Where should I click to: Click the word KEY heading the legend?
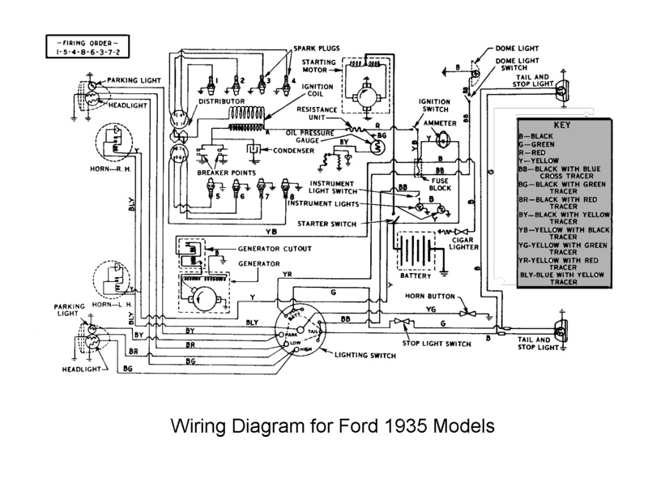(x=562, y=126)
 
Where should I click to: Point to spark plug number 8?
(x=284, y=193)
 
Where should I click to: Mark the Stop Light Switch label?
(x=438, y=344)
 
